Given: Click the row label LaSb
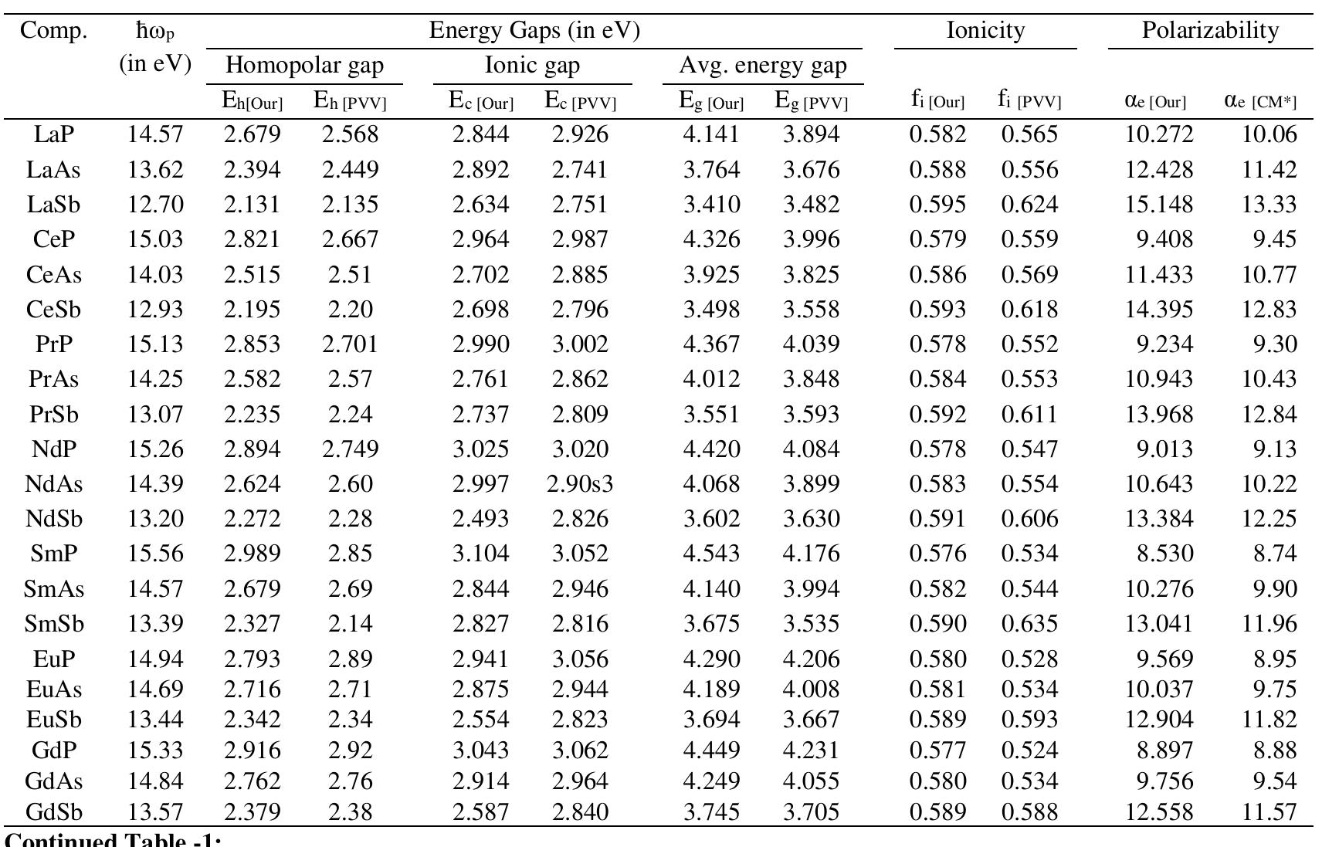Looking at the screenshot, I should point(53,205).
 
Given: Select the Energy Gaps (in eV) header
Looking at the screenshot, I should point(534,31).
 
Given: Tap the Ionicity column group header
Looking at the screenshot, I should point(985,31).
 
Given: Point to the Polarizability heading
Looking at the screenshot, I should point(1210,31).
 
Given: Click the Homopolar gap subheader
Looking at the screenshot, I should point(304,66).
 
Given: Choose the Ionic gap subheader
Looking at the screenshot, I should point(532,66).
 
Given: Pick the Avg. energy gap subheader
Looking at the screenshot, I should point(762,66).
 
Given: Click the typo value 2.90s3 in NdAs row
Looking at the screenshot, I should point(579,484).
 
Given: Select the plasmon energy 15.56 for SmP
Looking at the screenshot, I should point(155,554).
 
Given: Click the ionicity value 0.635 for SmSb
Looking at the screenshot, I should point(1029,623).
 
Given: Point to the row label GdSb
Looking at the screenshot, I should point(53,811).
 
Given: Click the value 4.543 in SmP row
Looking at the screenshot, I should point(711,554).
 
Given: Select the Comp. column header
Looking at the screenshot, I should point(53,31).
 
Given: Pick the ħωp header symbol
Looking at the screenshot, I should point(155,32).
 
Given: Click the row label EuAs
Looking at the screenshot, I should point(53,689).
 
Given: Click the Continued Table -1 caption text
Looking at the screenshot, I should point(113,840).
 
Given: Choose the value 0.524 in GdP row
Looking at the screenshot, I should point(1029,750).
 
